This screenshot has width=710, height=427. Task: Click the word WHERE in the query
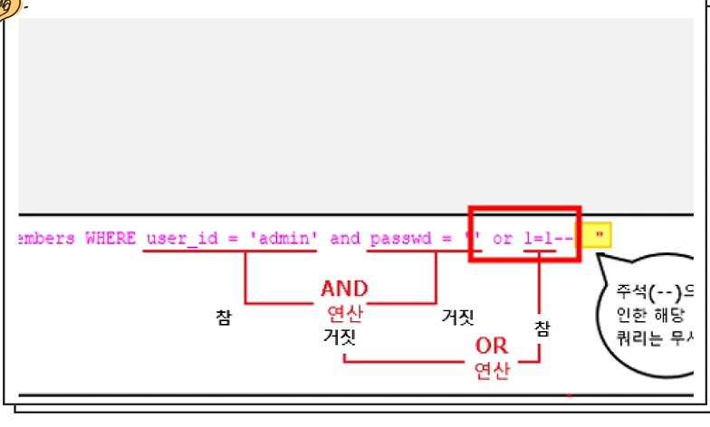coord(109,239)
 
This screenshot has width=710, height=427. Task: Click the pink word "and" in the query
coord(344,239)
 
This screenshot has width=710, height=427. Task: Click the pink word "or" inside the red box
coord(502,239)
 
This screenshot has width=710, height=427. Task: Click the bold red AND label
coord(344,289)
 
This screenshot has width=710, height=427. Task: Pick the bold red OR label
coord(492,346)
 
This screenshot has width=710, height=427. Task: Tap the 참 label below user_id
coord(224,318)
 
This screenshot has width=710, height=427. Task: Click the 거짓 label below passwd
coord(458,317)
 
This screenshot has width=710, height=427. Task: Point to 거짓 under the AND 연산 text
coord(341,338)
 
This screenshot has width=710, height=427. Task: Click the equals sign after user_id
coord(233,239)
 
